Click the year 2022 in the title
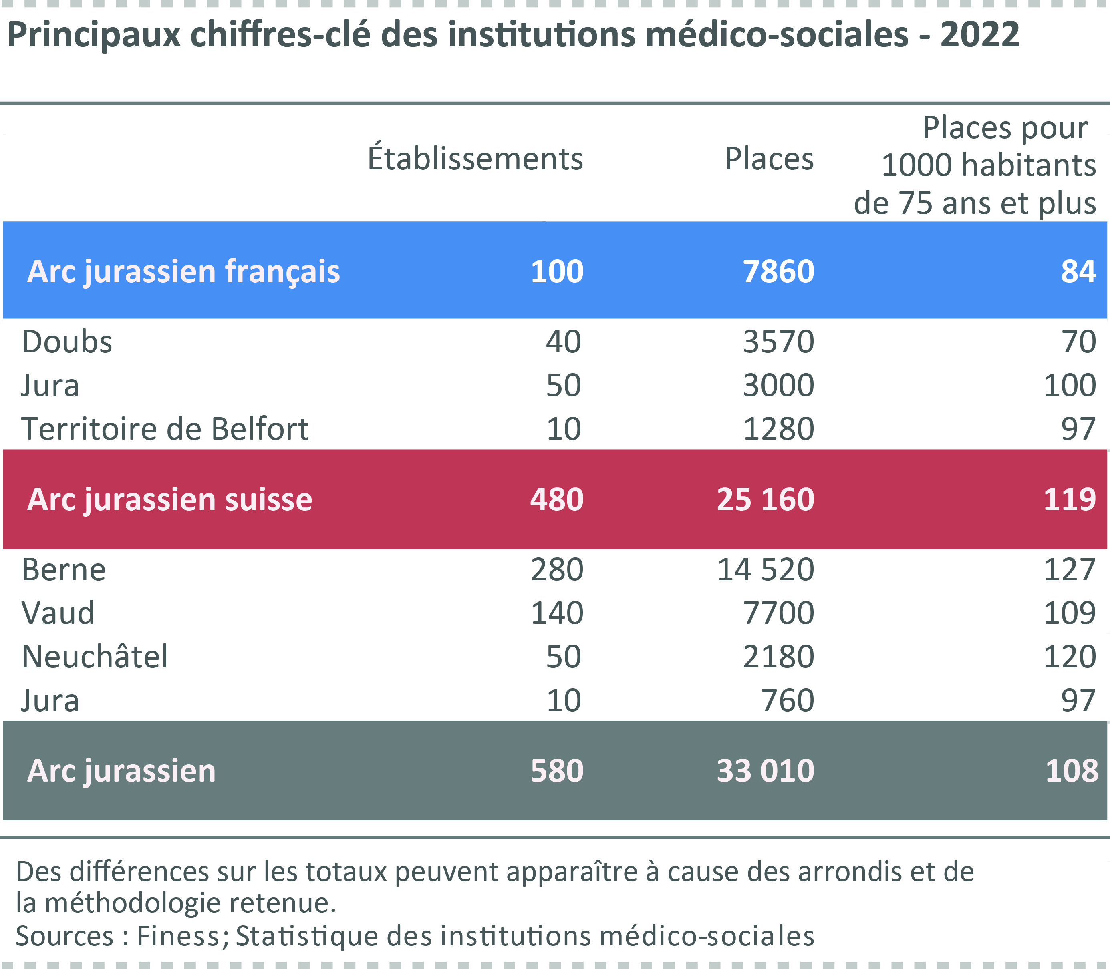980,34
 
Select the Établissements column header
475,159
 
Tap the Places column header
769,159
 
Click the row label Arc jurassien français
183,271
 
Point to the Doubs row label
67,342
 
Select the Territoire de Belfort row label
165,429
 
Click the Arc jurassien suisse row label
170,499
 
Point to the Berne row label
64,569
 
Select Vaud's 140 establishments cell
557,613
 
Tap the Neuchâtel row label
95,656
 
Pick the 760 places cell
788,700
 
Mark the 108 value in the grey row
1072,770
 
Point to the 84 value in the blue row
1078,271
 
